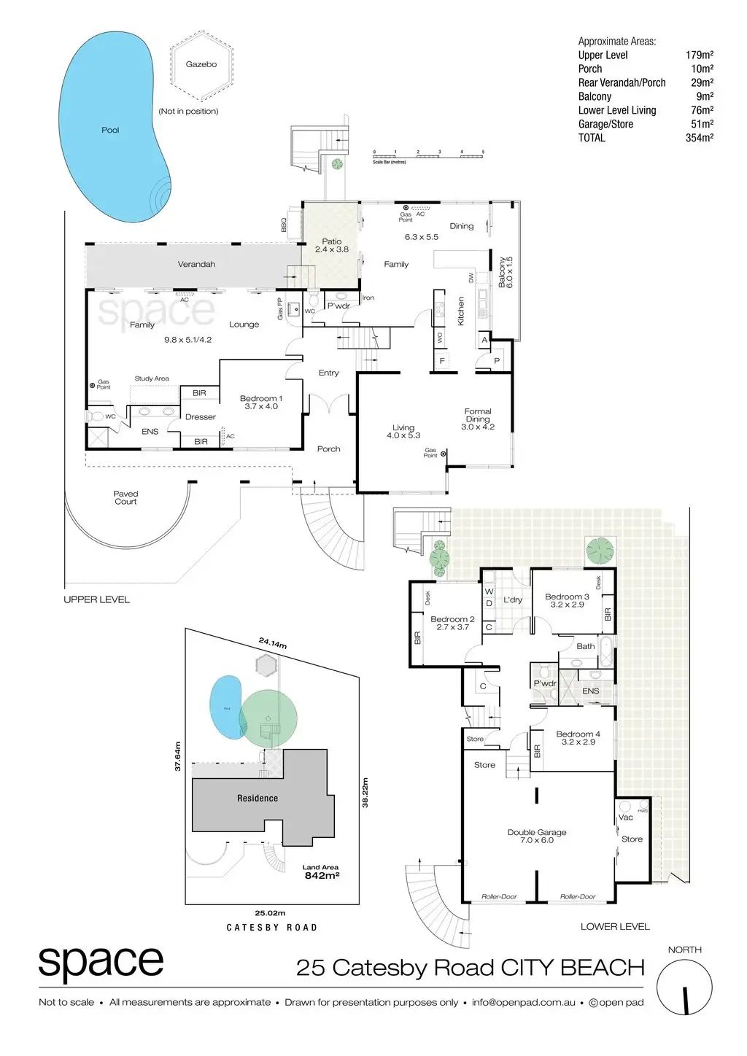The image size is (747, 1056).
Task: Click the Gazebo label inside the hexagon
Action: tap(201, 64)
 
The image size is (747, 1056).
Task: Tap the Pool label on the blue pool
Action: tap(110, 130)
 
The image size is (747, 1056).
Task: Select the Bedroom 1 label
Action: tap(260, 402)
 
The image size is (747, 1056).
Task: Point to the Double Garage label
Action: tap(537, 836)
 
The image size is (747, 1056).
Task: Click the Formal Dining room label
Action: tap(478, 419)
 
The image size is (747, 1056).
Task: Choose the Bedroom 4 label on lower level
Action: tap(578, 738)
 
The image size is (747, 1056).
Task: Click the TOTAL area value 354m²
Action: tap(699, 138)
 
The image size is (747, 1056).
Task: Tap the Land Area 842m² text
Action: tap(321, 872)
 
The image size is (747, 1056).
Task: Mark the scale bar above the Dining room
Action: tap(428, 154)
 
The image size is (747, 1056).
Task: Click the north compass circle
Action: tap(684, 987)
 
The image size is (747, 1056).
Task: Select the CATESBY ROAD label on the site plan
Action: tap(271, 928)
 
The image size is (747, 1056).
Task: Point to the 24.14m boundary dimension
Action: tap(272, 643)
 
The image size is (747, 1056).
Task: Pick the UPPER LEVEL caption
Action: tap(96, 599)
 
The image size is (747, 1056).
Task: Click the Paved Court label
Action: tap(125, 497)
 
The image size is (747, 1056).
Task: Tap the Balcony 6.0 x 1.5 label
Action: tap(506, 272)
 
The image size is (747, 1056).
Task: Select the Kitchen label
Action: tap(461, 311)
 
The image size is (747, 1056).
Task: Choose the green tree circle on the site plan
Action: tap(268, 718)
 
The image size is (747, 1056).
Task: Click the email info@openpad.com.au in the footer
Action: tap(523, 1002)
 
